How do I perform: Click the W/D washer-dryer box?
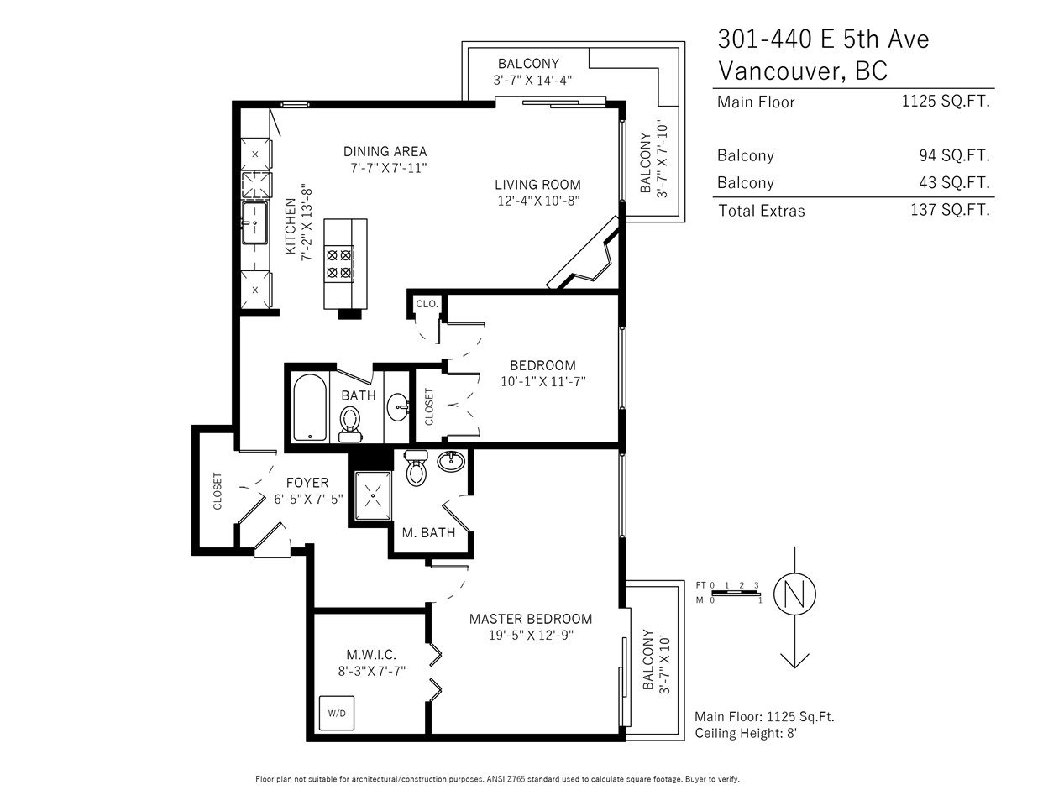point(337,714)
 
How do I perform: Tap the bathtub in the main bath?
point(310,407)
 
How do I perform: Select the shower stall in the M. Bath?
point(373,495)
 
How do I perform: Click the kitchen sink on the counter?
point(254,223)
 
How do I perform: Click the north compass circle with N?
point(794,594)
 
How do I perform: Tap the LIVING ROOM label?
point(537,185)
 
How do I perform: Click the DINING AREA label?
point(385,152)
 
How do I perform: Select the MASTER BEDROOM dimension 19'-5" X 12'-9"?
point(531,636)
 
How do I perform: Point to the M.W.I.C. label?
point(371,654)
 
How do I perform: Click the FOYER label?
point(307,483)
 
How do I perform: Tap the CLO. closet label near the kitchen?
point(427,304)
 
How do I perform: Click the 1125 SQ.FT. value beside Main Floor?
point(946,102)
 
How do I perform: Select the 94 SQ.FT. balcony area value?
point(954,155)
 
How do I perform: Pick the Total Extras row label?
point(761,211)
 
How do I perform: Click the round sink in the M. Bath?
point(451,461)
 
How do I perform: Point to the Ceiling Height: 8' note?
point(746,733)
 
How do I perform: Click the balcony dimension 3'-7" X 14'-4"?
point(532,80)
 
